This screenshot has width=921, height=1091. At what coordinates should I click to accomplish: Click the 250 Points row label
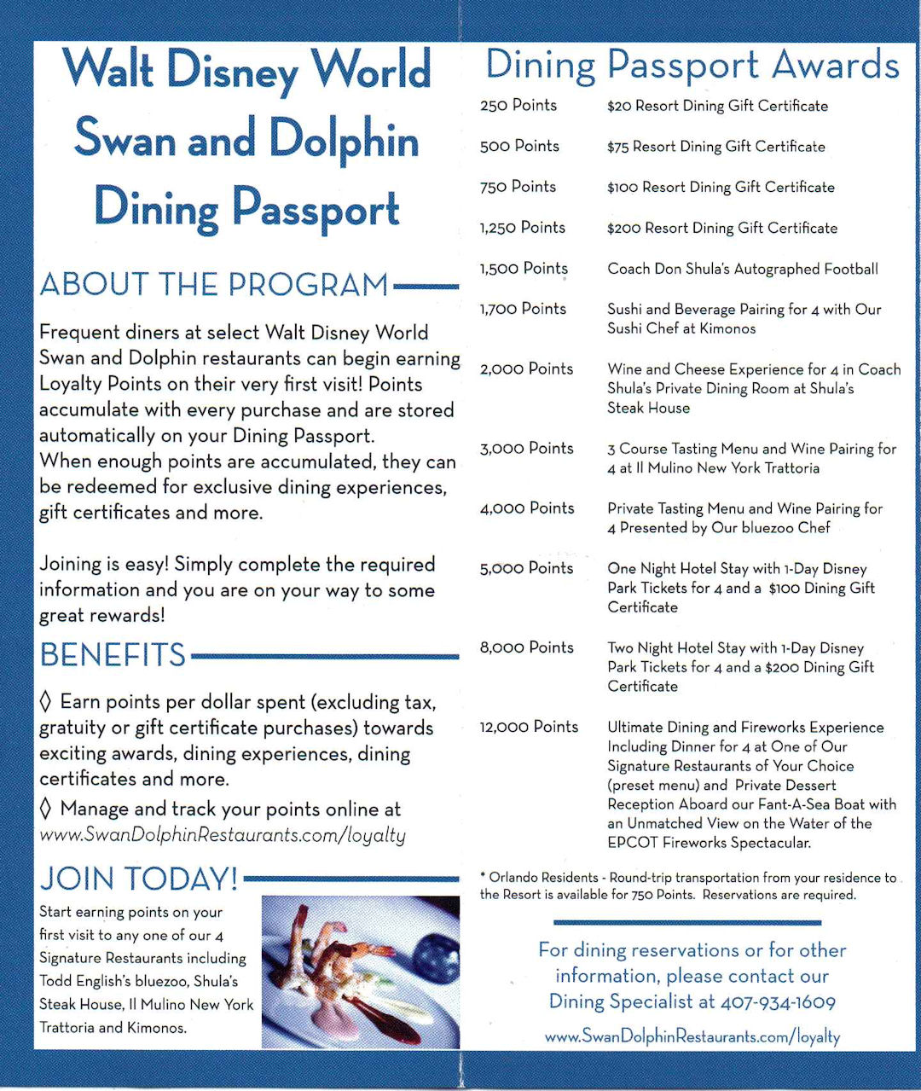[518, 106]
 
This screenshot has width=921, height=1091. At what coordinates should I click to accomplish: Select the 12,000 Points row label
[529, 727]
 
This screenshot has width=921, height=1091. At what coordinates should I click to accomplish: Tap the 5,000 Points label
[526, 568]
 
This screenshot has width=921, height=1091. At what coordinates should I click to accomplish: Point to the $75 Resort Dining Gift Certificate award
[715, 147]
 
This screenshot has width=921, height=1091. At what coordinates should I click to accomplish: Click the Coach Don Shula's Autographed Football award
[742, 269]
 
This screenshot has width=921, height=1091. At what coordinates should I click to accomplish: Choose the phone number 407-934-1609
[778, 1002]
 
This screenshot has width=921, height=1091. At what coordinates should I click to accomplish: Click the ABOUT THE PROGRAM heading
[214, 285]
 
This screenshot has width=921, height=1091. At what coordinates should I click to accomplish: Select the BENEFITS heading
[113, 655]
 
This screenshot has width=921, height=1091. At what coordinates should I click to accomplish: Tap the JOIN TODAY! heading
[139, 879]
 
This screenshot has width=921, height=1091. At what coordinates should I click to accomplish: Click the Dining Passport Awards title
[692, 66]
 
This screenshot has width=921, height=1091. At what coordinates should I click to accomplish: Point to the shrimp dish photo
[360, 972]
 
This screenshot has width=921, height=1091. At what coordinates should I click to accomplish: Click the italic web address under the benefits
[223, 835]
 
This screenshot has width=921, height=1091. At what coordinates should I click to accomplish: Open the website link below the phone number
[692, 1037]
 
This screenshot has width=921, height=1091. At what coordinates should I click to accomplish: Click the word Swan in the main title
[125, 138]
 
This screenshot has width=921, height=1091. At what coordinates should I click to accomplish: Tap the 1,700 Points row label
[523, 309]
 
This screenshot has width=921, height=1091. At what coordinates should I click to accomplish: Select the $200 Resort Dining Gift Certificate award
[721, 228]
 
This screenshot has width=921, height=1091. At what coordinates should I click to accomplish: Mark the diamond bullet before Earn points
[46, 702]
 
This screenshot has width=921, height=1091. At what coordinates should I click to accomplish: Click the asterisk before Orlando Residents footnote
[484, 876]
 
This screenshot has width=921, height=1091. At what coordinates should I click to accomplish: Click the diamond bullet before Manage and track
[46, 809]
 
